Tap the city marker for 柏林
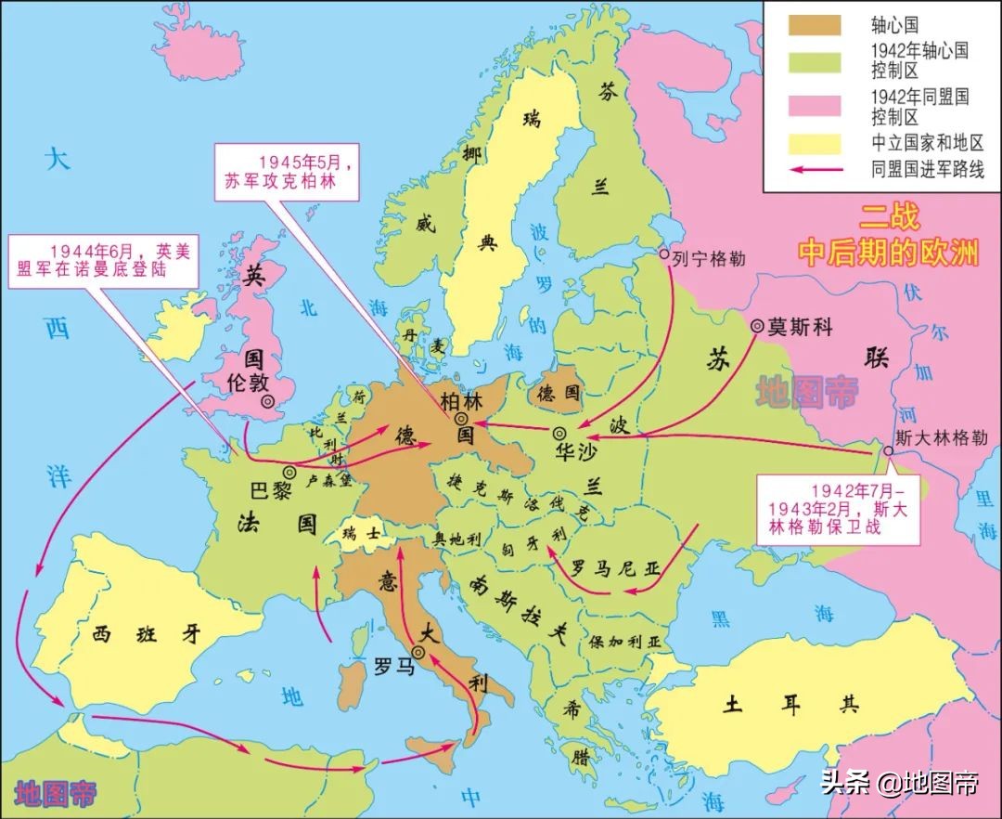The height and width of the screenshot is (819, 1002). click(x=460, y=419)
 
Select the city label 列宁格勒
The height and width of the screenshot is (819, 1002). click(x=710, y=257)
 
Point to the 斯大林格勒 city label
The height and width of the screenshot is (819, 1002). click(x=940, y=437)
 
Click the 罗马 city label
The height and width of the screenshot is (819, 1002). click(x=391, y=665)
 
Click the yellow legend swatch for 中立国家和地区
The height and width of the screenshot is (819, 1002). click(x=815, y=143)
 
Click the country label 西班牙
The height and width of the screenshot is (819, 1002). click(x=147, y=634)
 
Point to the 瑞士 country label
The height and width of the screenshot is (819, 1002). click(x=360, y=534)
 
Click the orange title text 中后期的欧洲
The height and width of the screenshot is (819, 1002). click(x=889, y=253)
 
